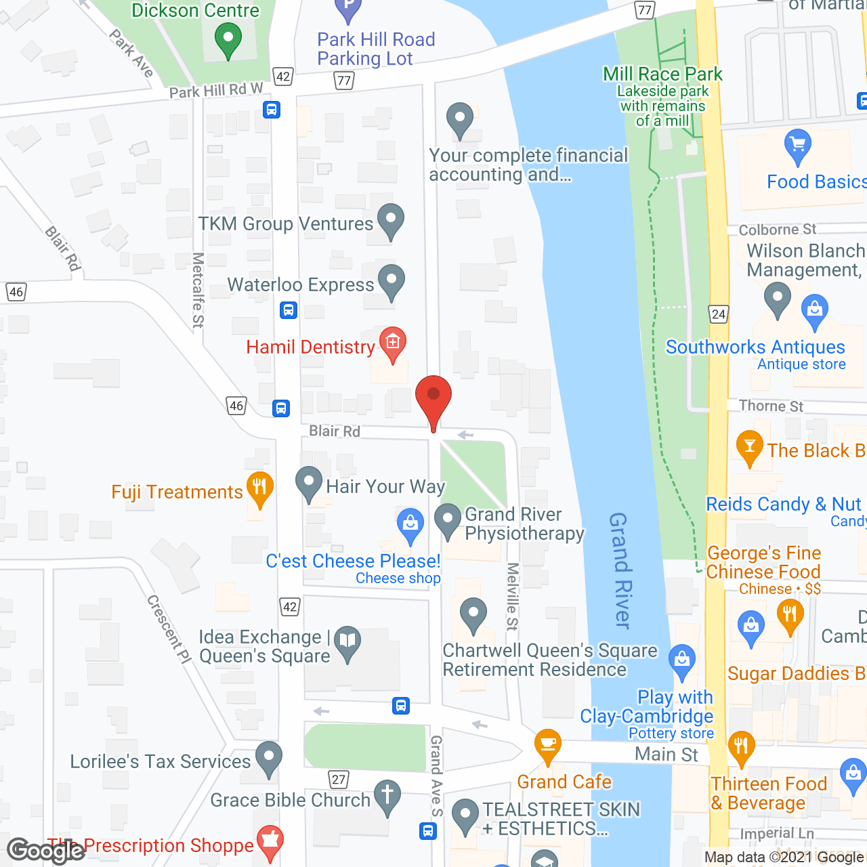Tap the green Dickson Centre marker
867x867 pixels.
[x=228, y=39]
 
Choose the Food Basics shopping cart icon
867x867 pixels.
[x=797, y=146]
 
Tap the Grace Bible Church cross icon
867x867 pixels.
[x=387, y=797]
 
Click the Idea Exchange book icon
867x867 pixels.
[x=347, y=642]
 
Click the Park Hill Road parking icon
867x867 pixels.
[x=348, y=9]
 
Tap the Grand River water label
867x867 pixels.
[x=620, y=570]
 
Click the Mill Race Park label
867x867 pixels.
[x=662, y=74]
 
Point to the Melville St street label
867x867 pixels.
[x=513, y=596]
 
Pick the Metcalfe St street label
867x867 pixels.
[x=198, y=290]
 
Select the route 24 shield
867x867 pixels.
[x=719, y=314]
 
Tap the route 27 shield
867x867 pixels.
[x=339, y=779]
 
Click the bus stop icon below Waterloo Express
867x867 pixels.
[x=289, y=311]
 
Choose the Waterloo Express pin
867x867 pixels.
[x=391, y=281]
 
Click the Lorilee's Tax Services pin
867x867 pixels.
[x=269, y=758]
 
